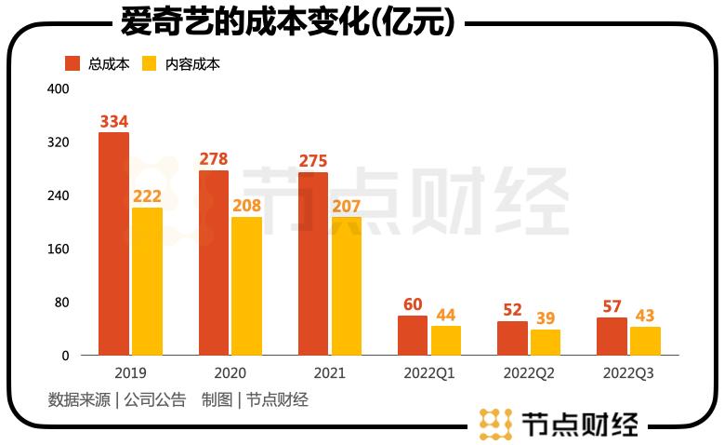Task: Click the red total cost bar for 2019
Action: [x=113, y=243]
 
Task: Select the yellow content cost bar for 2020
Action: [x=246, y=286]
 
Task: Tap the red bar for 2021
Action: [x=312, y=263]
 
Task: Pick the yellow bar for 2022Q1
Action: [x=446, y=341]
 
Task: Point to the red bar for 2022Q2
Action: [x=512, y=338]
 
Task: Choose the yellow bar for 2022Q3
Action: [x=645, y=341]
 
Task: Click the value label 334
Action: [x=113, y=121]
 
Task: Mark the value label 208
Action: [x=246, y=206]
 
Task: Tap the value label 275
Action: [x=312, y=161]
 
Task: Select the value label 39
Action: [x=546, y=318]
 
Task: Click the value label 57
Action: [x=612, y=306]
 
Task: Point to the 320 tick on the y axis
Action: [x=58, y=142]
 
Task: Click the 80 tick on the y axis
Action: [x=61, y=303]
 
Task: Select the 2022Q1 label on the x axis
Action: [x=428, y=373]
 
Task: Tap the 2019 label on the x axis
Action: [x=130, y=373]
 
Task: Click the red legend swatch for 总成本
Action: [x=72, y=64]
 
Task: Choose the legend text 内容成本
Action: [x=192, y=64]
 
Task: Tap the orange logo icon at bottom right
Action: [x=496, y=425]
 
